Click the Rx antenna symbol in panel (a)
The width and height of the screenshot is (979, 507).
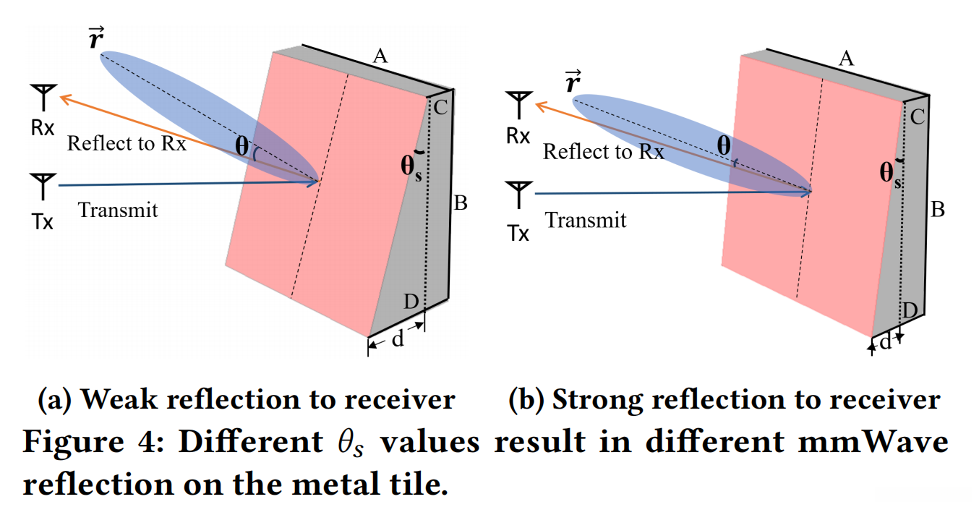(x=43, y=97)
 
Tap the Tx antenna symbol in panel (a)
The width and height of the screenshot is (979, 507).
(x=43, y=186)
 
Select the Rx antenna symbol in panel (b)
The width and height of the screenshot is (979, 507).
(x=518, y=105)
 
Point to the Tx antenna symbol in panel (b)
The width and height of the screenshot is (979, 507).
(x=518, y=195)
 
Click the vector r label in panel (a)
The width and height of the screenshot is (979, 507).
(x=95, y=38)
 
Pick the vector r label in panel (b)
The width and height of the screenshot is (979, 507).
(x=573, y=81)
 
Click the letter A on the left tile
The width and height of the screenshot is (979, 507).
(x=380, y=56)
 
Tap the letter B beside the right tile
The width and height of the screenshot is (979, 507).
(x=938, y=209)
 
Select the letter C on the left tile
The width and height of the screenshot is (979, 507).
(x=440, y=108)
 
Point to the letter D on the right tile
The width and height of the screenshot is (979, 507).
(x=910, y=310)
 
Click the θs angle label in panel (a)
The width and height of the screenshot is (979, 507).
(x=411, y=168)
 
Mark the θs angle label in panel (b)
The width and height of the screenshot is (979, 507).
(x=890, y=174)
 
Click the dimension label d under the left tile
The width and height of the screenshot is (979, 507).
(x=398, y=338)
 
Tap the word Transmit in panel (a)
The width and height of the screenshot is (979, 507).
(x=118, y=210)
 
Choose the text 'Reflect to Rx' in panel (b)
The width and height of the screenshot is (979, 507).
(x=603, y=152)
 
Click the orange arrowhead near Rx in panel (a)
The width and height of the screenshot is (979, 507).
(x=65, y=99)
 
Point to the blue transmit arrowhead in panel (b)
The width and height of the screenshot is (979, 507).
(x=805, y=192)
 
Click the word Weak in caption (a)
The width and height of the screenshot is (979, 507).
(x=119, y=399)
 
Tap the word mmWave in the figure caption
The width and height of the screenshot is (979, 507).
(x=873, y=442)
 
